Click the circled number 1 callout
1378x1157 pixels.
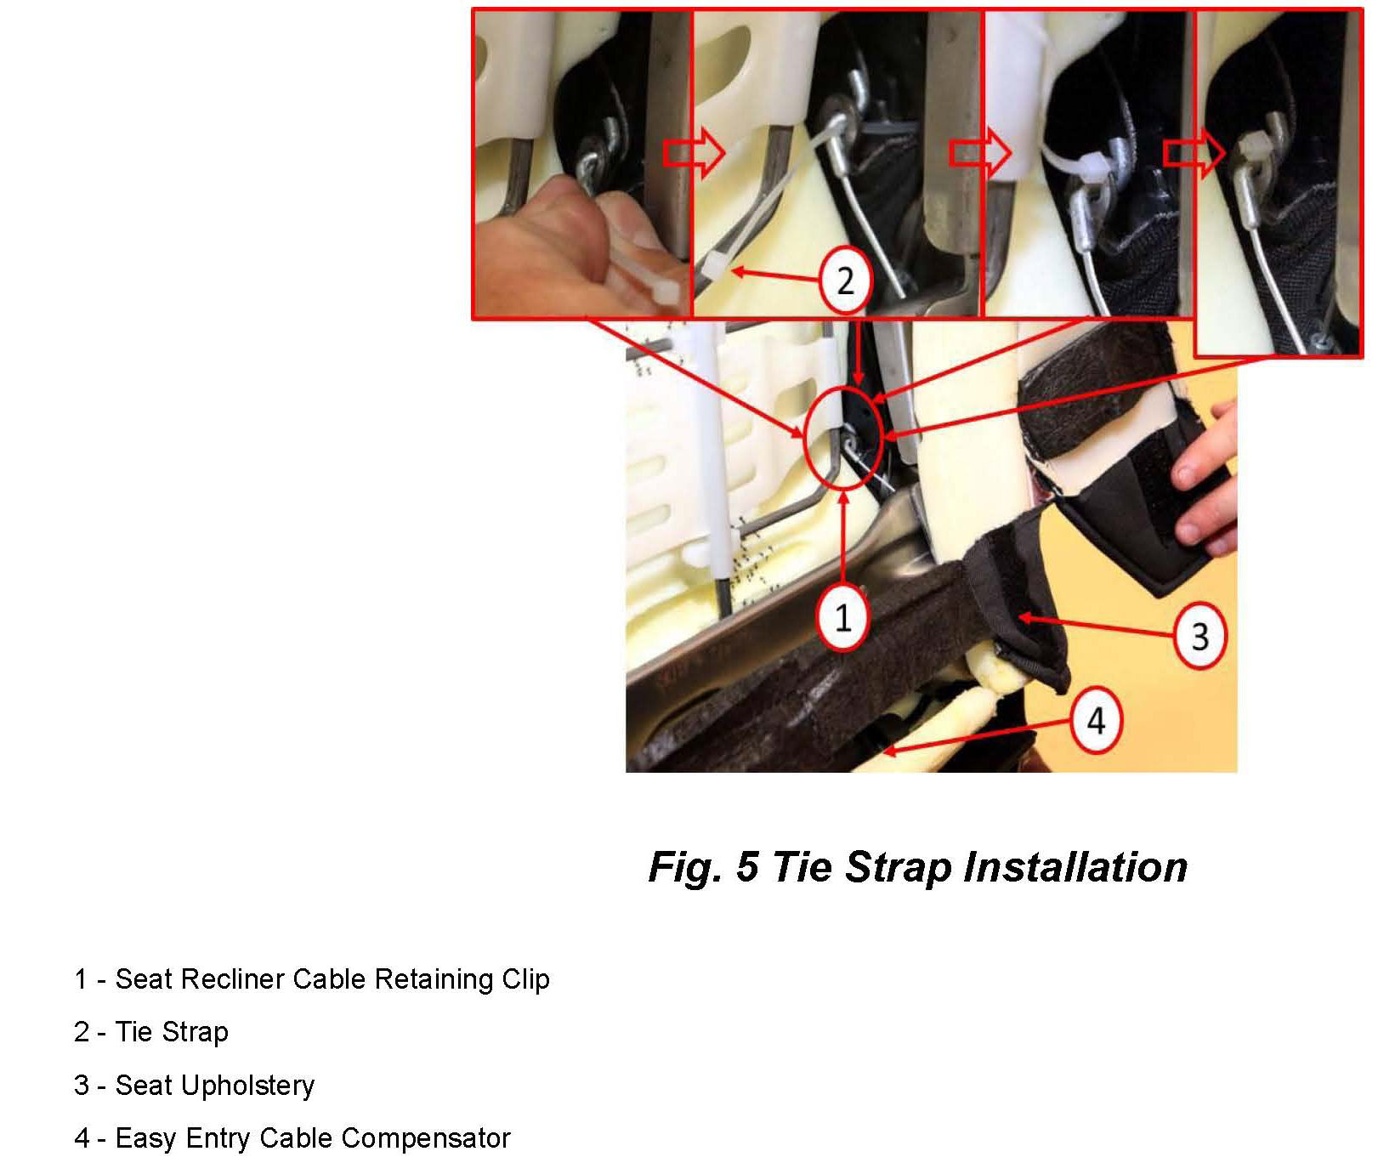(842, 616)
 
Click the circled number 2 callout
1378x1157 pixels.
(844, 281)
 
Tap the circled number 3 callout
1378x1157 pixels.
(1199, 636)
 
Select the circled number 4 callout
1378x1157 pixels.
(1097, 721)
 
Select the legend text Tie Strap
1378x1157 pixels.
(172, 1032)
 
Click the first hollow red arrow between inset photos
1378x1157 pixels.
(694, 153)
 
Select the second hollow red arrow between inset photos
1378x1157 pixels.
(979, 154)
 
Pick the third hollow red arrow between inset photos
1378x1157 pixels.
(1194, 153)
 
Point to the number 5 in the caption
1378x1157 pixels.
(746, 867)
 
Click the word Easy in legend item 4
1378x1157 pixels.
(147, 1138)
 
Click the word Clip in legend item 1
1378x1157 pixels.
(525, 979)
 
